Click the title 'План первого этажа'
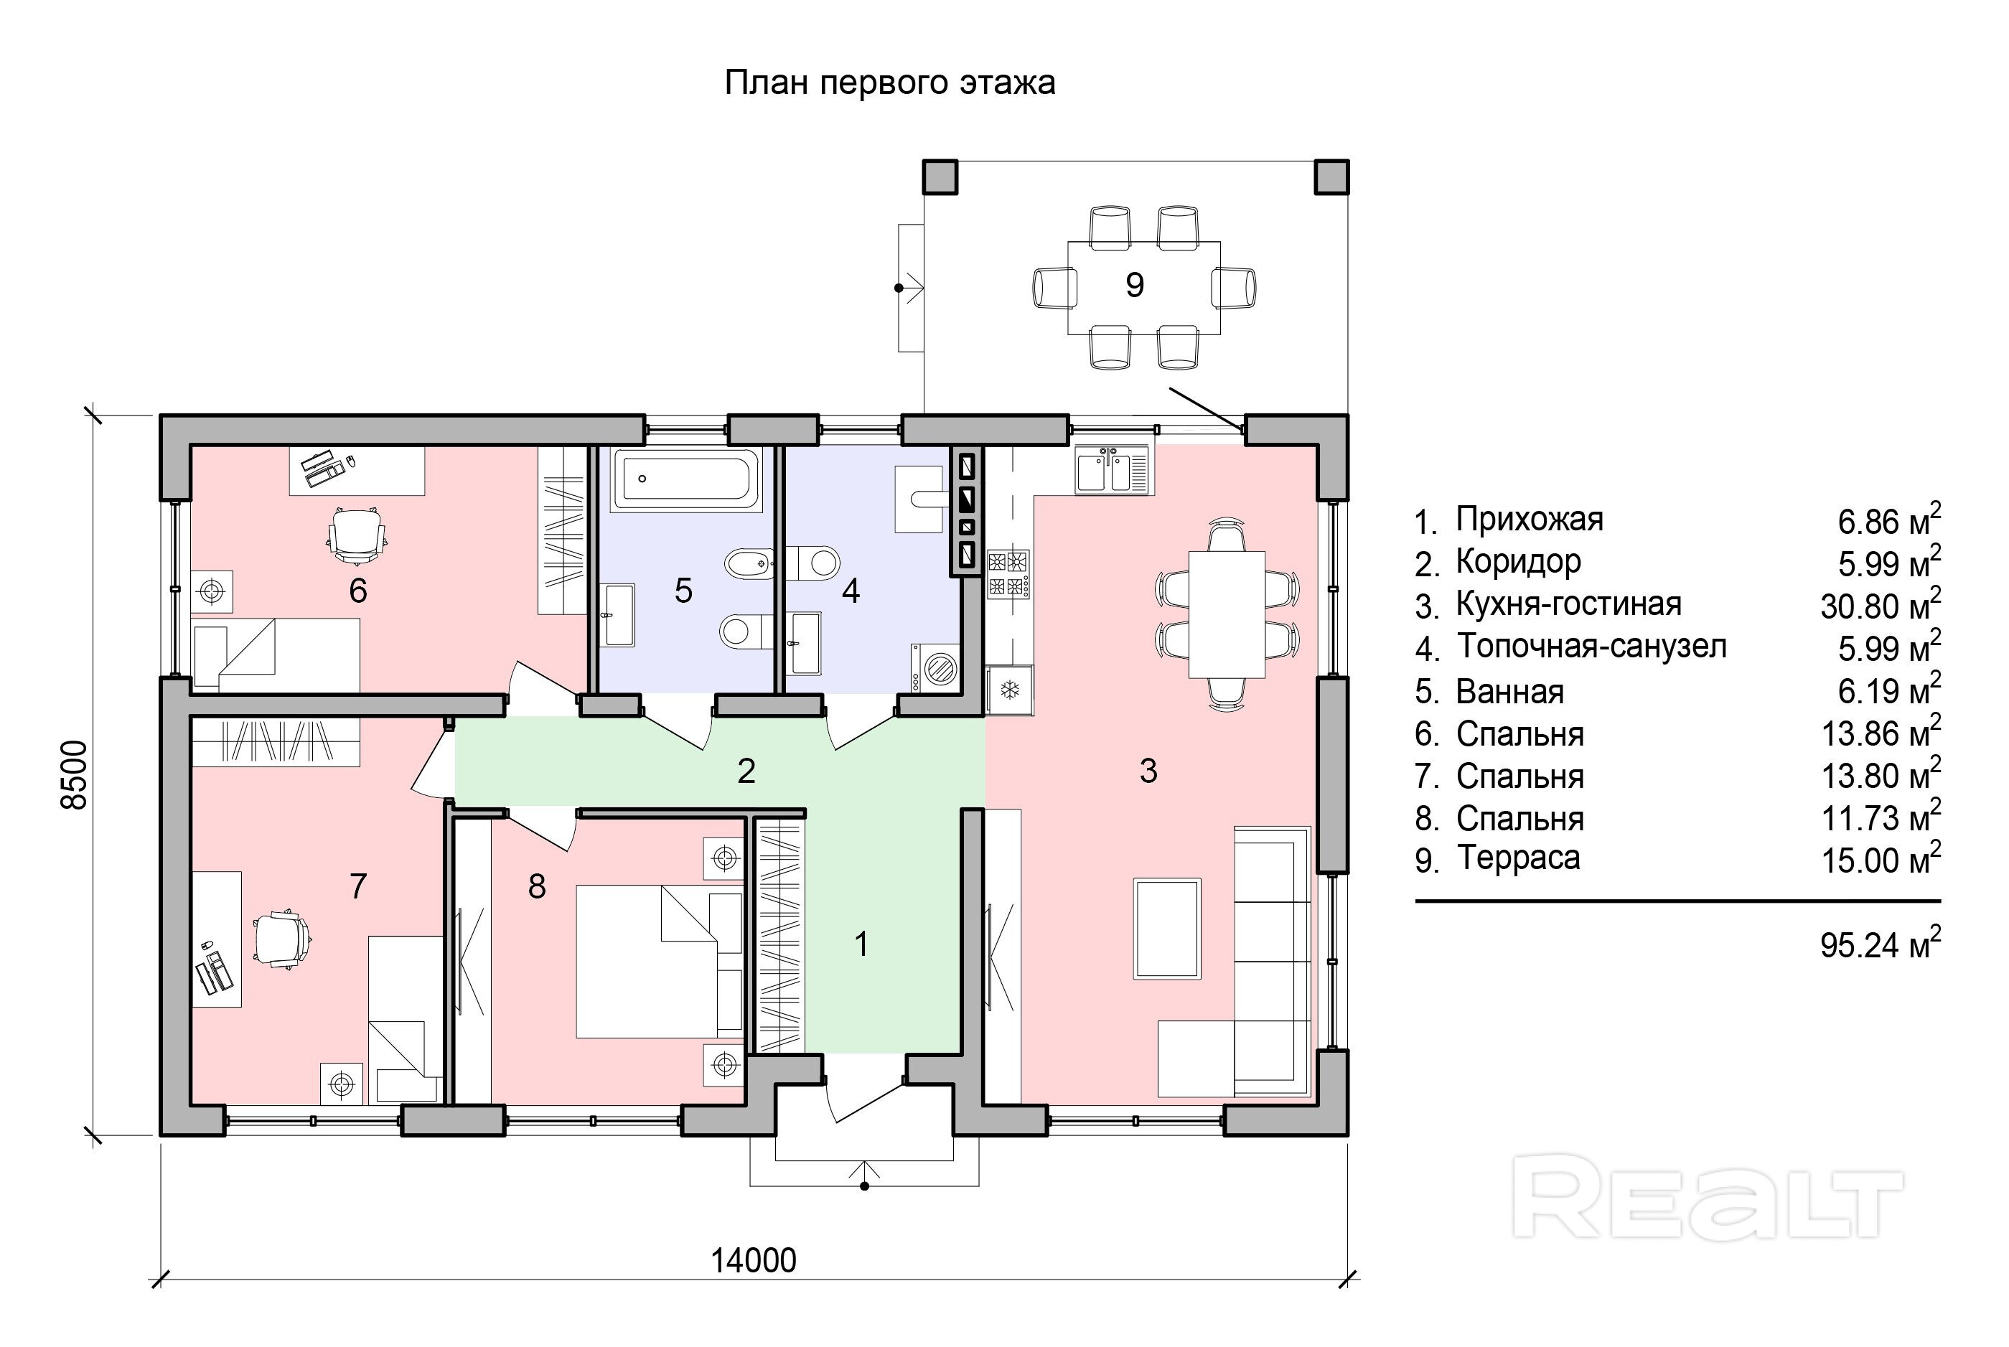point(889,83)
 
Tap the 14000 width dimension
point(753,1260)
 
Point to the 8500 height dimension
point(75,774)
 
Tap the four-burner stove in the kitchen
point(1008,574)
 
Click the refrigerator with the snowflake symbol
point(1010,690)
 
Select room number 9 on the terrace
point(1134,284)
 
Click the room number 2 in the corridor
point(746,771)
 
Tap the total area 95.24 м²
point(1879,944)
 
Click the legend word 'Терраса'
point(1517,858)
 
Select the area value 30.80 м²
point(1879,606)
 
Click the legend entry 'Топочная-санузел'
point(1591,646)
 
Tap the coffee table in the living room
point(1166,928)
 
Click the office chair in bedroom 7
point(281,940)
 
